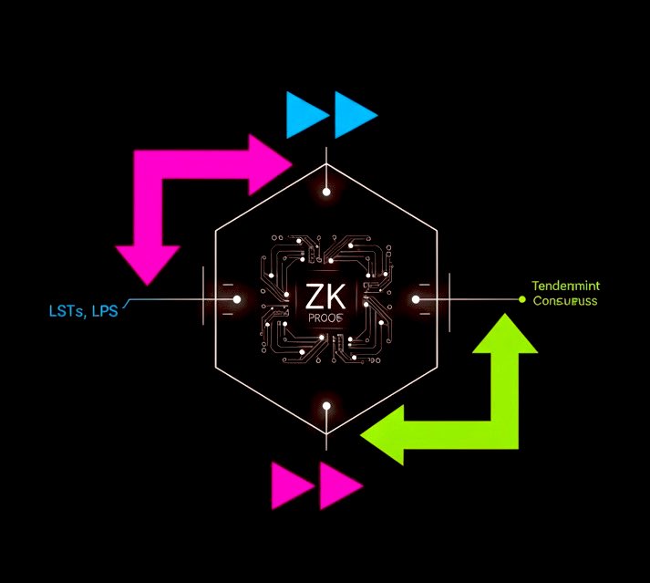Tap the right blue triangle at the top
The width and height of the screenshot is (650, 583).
tap(354, 115)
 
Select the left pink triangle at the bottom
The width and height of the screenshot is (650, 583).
tap(291, 484)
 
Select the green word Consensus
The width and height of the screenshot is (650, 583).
tap(565, 300)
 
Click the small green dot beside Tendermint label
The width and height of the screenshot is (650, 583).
tap(521, 299)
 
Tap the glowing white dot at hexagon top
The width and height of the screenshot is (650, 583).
tap(326, 192)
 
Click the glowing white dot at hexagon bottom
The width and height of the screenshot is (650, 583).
tap(326, 405)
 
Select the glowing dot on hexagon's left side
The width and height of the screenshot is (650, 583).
tap(237, 299)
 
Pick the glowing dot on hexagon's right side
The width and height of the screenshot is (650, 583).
tap(415, 299)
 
